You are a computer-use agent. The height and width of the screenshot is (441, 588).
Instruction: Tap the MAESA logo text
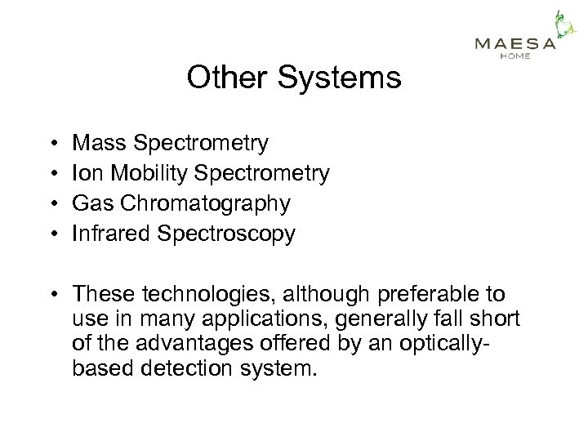[515, 44]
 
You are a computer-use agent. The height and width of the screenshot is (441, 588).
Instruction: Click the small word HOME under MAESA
[515, 56]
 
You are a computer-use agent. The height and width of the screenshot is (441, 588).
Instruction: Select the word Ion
[85, 174]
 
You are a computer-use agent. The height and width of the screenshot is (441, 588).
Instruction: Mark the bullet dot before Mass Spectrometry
[51, 145]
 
